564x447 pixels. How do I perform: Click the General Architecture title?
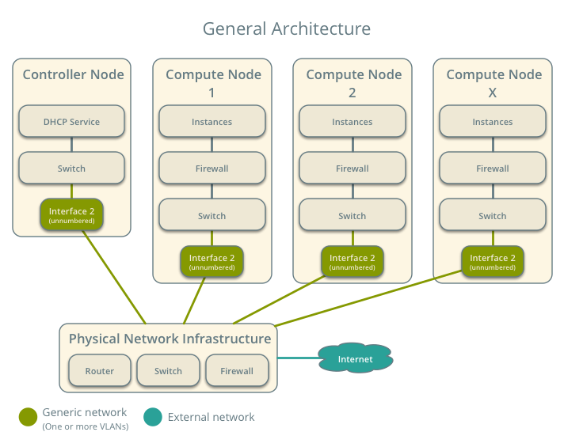click(x=286, y=29)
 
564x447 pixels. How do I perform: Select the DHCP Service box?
click(x=72, y=122)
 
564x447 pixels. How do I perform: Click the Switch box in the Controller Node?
click(x=72, y=169)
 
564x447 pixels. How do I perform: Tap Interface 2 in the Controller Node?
click(x=72, y=215)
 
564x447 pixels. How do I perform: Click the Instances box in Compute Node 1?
click(x=211, y=122)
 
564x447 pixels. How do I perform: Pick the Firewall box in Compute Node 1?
click(x=211, y=169)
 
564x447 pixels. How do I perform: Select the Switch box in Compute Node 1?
click(x=211, y=215)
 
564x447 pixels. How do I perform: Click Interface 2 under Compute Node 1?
click(x=211, y=262)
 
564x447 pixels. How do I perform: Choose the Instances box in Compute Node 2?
click(x=352, y=122)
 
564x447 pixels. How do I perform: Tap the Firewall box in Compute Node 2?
click(x=352, y=169)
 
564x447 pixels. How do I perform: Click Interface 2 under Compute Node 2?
click(x=352, y=262)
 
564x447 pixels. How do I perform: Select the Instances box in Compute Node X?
click(x=493, y=122)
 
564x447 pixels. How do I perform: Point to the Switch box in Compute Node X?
click(x=493, y=215)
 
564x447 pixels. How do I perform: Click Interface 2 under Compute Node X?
click(x=493, y=262)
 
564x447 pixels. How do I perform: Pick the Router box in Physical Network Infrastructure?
click(x=100, y=370)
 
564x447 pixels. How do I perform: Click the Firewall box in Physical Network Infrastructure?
click(x=237, y=370)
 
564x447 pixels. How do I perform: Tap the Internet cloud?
click(x=356, y=359)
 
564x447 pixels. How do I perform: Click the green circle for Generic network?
click(x=29, y=417)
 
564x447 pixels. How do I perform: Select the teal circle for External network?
click(x=154, y=417)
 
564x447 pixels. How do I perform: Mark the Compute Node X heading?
click(x=494, y=83)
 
